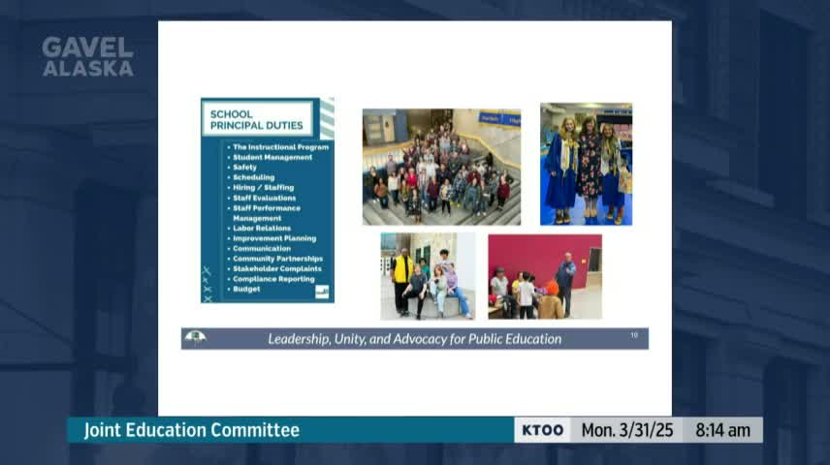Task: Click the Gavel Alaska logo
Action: click(87, 57)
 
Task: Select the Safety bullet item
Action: click(244, 168)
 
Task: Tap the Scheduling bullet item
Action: click(253, 177)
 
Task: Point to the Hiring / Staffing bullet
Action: click(263, 188)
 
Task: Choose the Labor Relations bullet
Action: click(261, 229)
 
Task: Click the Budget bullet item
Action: click(246, 289)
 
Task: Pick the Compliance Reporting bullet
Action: click(273, 279)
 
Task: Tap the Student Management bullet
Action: click(272, 157)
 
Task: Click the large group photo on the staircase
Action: click(441, 167)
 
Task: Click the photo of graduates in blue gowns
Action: click(586, 164)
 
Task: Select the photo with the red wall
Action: click(544, 276)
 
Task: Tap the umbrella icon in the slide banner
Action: click(196, 338)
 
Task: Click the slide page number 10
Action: click(634, 335)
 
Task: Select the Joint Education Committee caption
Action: click(192, 430)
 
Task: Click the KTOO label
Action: click(543, 430)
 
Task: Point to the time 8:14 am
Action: click(723, 430)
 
